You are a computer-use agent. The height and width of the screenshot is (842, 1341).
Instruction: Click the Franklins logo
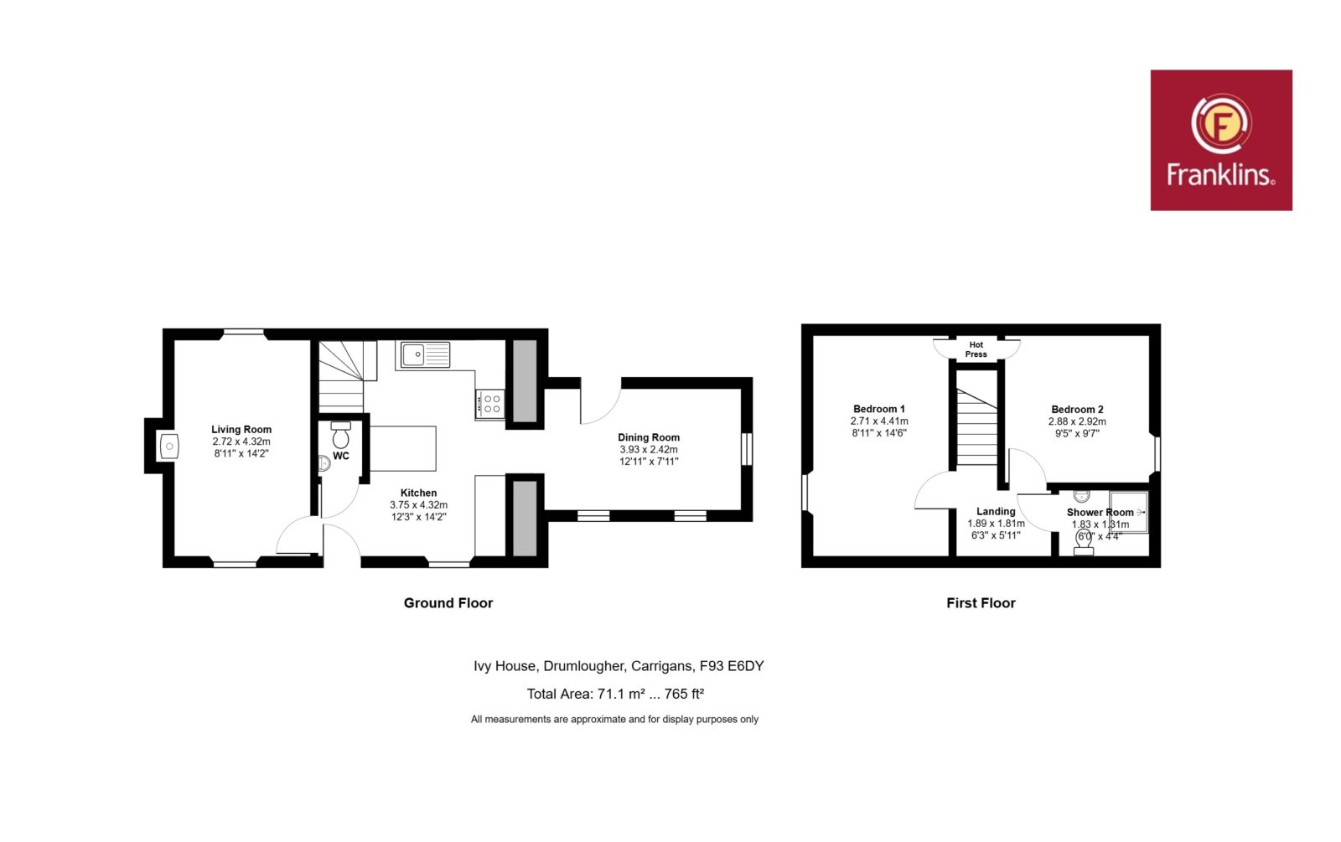click(x=1220, y=140)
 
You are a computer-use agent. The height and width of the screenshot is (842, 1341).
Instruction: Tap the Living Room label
click(x=241, y=429)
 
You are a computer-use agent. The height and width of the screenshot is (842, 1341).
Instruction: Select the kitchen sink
click(x=425, y=354)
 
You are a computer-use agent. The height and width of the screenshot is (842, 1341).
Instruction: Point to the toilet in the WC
click(x=340, y=435)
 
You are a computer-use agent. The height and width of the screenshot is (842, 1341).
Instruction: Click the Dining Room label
click(x=649, y=437)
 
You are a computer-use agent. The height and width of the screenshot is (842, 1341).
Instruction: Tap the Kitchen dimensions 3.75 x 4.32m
click(x=418, y=505)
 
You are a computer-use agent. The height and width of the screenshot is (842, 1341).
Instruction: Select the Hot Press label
click(x=976, y=349)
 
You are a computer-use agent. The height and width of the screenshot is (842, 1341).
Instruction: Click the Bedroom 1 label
click(x=879, y=409)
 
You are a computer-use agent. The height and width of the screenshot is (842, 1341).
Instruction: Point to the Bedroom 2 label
click(x=1077, y=410)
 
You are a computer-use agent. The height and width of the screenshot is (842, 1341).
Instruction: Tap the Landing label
click(x=996, y=511)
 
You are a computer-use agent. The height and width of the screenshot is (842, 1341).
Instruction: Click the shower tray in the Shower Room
click(x=1129, y=512)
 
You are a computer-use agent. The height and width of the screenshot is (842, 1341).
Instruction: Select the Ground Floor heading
click(x=448, y=602)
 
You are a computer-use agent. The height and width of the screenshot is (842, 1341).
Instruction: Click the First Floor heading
click(x=981, y=602)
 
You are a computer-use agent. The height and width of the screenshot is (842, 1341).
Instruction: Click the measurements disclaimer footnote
click(x=614, y=720)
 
